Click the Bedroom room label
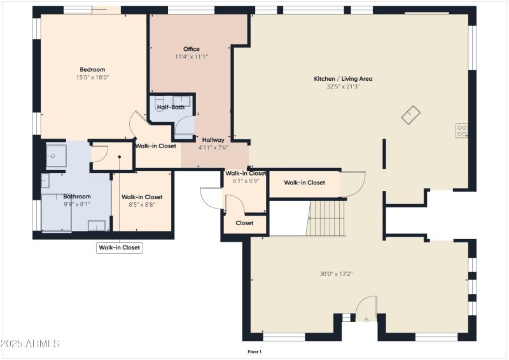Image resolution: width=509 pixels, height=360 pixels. (92, 69)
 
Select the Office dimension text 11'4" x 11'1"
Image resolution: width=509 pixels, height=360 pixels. (192, 57)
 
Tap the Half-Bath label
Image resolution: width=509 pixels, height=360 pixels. (171, 107)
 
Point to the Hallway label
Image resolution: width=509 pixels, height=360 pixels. (213, 139)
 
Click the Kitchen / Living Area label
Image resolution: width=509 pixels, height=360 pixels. (343, 79)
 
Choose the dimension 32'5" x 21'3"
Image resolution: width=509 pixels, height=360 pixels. (343, 87)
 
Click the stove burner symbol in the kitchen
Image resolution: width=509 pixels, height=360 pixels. (462, 131)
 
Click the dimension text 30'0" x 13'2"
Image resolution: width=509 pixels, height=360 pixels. (336, 274)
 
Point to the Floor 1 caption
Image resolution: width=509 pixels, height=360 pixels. (254, 351)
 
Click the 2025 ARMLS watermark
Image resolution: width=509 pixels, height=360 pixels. (30, 343)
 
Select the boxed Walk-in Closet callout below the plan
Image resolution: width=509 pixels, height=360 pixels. (120, 247)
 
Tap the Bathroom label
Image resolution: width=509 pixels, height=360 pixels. (76, 197)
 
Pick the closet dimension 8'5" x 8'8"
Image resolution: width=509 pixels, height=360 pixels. (142, 204)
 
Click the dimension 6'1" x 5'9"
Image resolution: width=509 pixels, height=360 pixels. (245, 181)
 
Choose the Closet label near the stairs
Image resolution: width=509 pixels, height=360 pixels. (244, 223)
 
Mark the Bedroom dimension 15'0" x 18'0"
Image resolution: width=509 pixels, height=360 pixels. (92, 77)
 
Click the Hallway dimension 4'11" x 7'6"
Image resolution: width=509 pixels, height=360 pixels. (213, 147)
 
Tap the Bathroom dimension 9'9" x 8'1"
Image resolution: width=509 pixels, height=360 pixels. (76, 204)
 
